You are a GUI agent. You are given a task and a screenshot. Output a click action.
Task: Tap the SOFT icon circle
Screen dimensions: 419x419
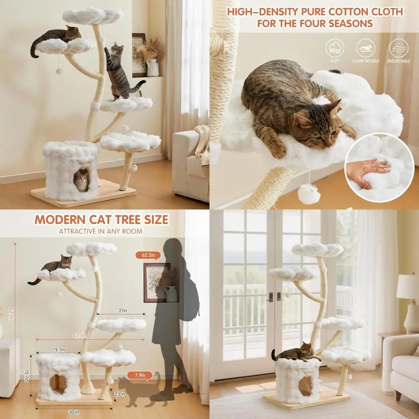335,48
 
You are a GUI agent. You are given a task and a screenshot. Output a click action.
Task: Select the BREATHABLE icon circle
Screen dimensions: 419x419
399,48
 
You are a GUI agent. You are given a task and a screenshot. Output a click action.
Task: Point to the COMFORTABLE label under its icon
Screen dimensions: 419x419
366,61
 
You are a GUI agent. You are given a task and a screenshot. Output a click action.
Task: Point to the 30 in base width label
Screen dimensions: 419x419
74,411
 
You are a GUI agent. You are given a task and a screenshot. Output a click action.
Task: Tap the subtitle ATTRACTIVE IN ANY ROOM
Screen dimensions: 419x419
101,231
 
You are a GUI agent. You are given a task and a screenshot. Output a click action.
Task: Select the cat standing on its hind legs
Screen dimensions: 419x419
119,71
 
